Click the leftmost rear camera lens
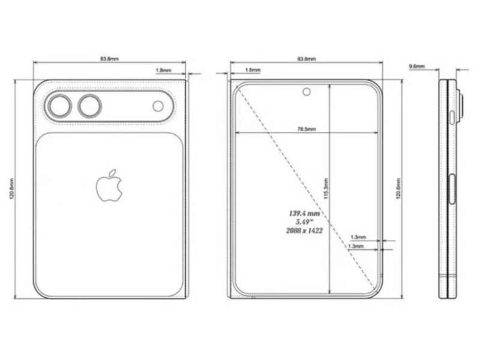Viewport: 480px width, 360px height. tap(61, 106)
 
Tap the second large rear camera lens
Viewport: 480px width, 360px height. tap(89, 106)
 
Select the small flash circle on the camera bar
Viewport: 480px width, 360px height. tap(158, 106)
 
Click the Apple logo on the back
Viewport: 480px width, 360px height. tap(109, 185)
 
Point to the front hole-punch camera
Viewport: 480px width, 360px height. tap(307, 92)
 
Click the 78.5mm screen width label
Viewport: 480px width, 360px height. tap(307, 129)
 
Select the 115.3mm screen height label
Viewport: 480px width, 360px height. tap(326, 188)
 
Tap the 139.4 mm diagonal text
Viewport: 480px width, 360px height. tap(304, 214)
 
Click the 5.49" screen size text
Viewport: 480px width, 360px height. tap(304, 222)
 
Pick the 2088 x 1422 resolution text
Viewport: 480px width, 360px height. tap(304, 230)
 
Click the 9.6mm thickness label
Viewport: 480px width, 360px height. tap(417, 66)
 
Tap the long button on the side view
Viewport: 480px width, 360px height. tap(452, 189)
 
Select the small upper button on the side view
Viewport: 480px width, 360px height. tap(452, 118)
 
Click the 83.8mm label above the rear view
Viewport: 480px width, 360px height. tap(110, 58)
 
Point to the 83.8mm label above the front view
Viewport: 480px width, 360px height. tap(307, 58)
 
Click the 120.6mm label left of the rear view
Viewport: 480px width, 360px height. tap(12, 189)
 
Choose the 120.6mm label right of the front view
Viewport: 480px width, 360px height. tap(398, 188)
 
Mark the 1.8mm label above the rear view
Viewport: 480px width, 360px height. tap(163, 70)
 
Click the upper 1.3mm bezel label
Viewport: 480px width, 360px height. tap(358, 237)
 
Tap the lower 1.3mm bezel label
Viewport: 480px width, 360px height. tap(356, 246)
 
